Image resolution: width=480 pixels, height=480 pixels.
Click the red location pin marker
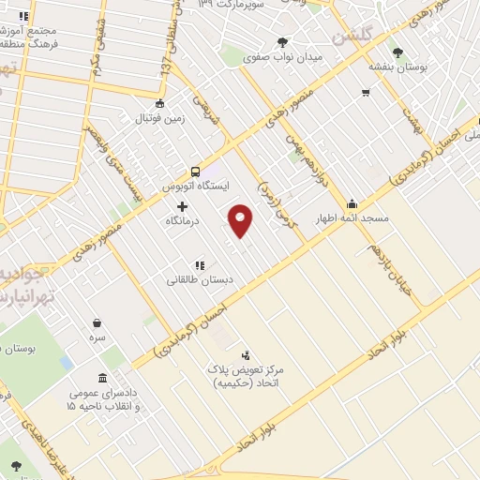(241, 219)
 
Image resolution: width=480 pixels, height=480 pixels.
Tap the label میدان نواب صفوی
(283, 57)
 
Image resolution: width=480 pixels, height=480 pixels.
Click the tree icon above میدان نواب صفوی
(283, 41)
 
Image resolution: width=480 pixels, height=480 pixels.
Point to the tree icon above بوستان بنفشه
(398, 52)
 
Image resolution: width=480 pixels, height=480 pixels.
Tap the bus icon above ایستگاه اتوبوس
(195, 172)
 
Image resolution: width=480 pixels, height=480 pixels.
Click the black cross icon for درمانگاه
(182, 206)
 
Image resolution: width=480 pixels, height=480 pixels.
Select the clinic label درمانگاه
(183, 222)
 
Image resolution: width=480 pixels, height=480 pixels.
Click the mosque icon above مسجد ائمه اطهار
(352, 203)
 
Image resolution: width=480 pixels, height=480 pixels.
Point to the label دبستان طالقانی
(200, 280)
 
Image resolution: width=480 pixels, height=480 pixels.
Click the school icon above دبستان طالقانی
(200, 265)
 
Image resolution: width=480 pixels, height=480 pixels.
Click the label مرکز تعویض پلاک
(245, 370)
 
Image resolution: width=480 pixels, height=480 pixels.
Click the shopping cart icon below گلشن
(366, 93)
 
